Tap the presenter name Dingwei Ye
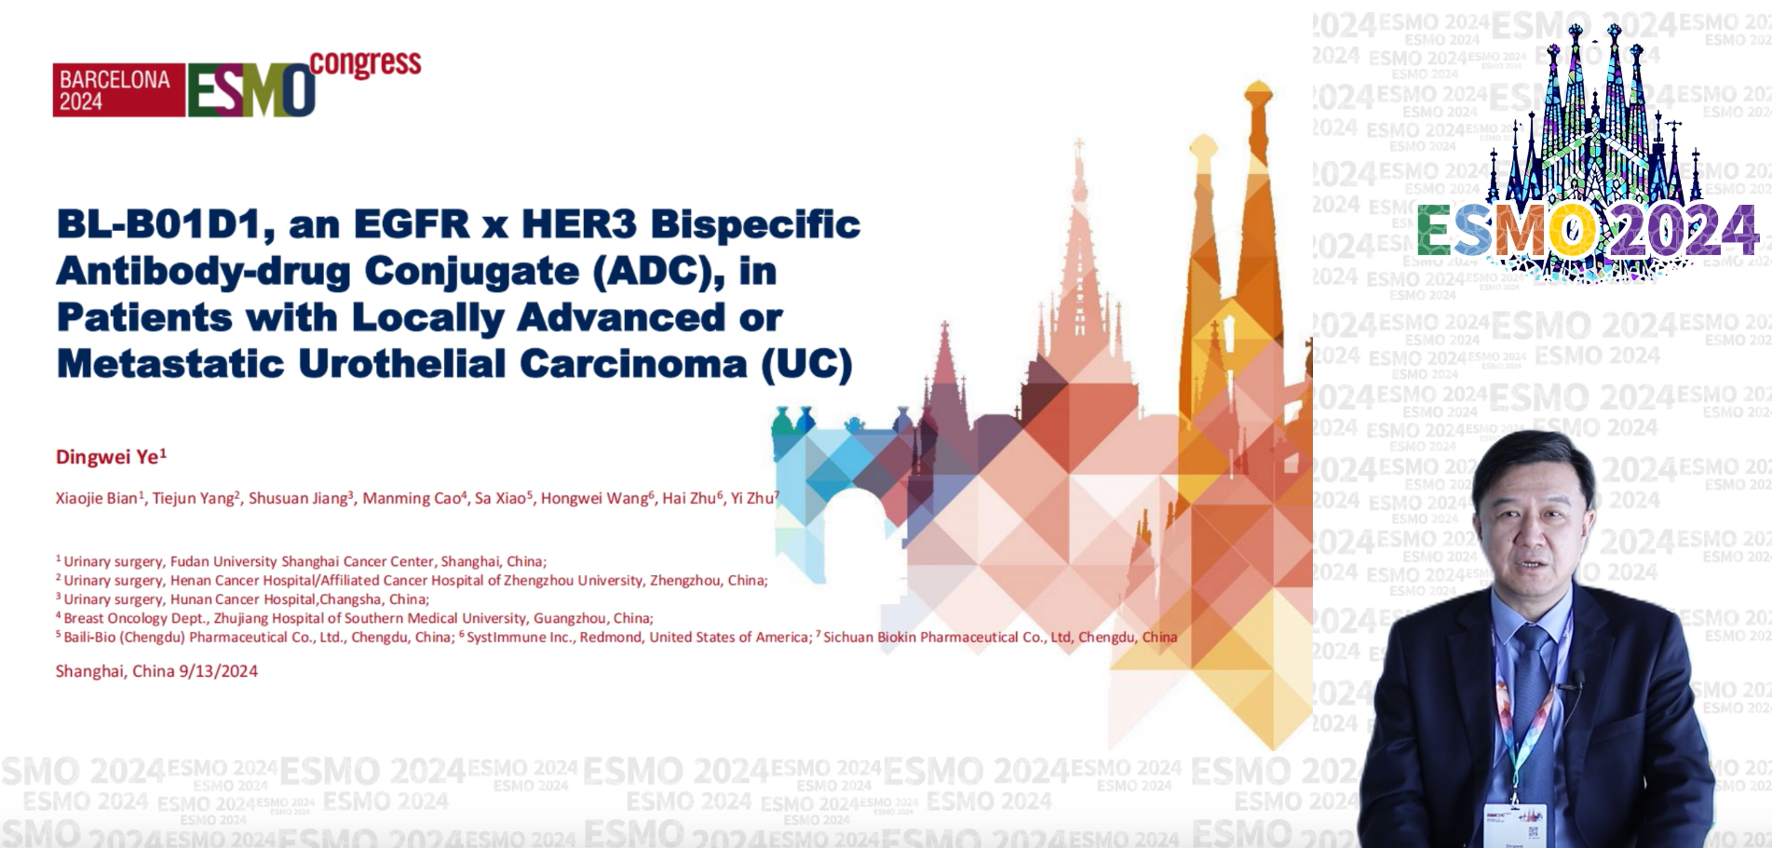[x=110, y=456]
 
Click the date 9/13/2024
[x=218, y=671]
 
